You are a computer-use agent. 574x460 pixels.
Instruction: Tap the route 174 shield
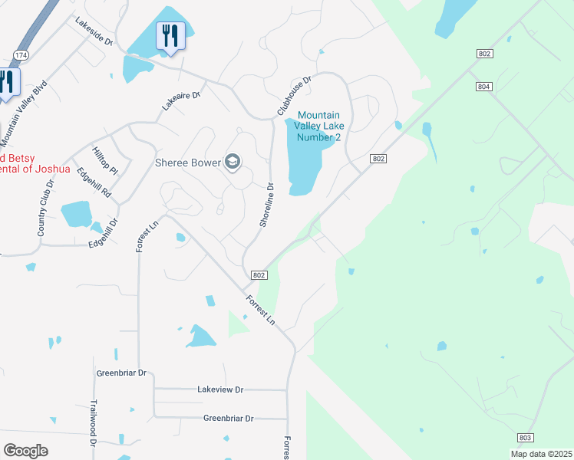[21, 55]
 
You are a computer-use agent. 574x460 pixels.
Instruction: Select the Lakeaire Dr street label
[180, 101]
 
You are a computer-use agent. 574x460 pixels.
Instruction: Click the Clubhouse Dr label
[294, 96]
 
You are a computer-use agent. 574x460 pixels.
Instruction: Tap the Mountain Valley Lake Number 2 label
[320, 127]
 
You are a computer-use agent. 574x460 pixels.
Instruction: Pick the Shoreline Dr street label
[266, 205]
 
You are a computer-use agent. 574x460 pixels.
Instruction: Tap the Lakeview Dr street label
[219, 389]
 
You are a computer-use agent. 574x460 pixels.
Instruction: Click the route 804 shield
[483, 87]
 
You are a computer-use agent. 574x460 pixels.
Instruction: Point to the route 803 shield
[525, 437]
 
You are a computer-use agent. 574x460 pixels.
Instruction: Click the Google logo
[26, 451]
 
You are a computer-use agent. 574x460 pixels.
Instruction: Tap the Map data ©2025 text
[541, 454]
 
